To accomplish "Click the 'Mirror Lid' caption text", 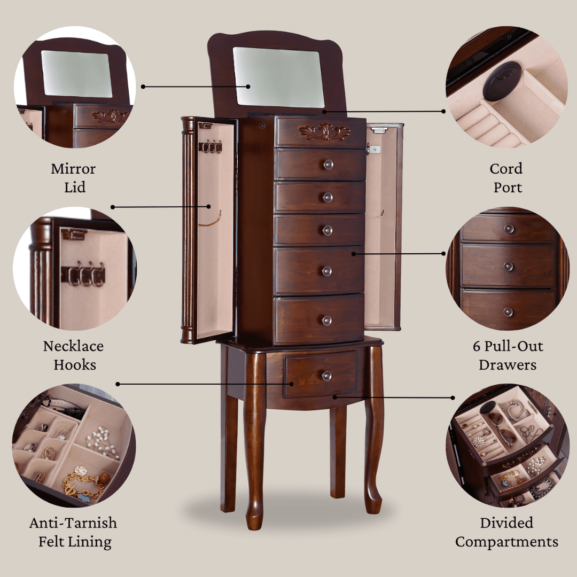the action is point(74,178).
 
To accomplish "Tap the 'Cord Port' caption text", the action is point(506,178).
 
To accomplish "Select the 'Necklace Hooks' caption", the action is point(74,355).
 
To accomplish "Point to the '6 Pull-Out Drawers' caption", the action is point(508,355).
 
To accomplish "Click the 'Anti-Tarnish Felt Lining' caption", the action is point(74,533).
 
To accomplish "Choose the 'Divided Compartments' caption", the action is point(506,533).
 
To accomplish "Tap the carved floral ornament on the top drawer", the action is point(324,132).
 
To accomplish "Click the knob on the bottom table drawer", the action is point(327,376).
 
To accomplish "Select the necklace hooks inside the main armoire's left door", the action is point(210,146).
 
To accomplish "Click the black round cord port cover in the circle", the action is point(502,81).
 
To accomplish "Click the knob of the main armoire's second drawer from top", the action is point(328,165).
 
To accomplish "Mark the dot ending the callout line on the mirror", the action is point(248,87).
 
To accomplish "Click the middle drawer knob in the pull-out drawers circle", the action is point(508,266).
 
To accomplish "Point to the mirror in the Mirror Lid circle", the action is point(76,74).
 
